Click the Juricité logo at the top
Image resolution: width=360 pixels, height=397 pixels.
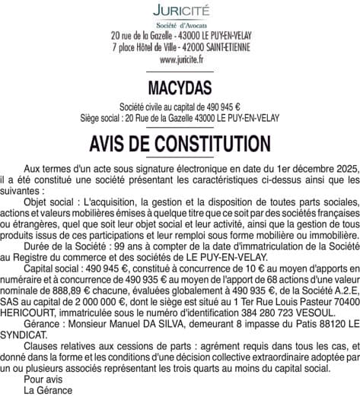click(x=179, y=11)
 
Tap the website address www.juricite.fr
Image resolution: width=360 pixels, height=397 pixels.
click(x=180, y=58)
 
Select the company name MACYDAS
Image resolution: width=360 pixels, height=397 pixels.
click(x=180, y=88)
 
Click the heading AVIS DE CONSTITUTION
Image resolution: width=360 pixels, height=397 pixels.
click(x=180, y=142)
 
